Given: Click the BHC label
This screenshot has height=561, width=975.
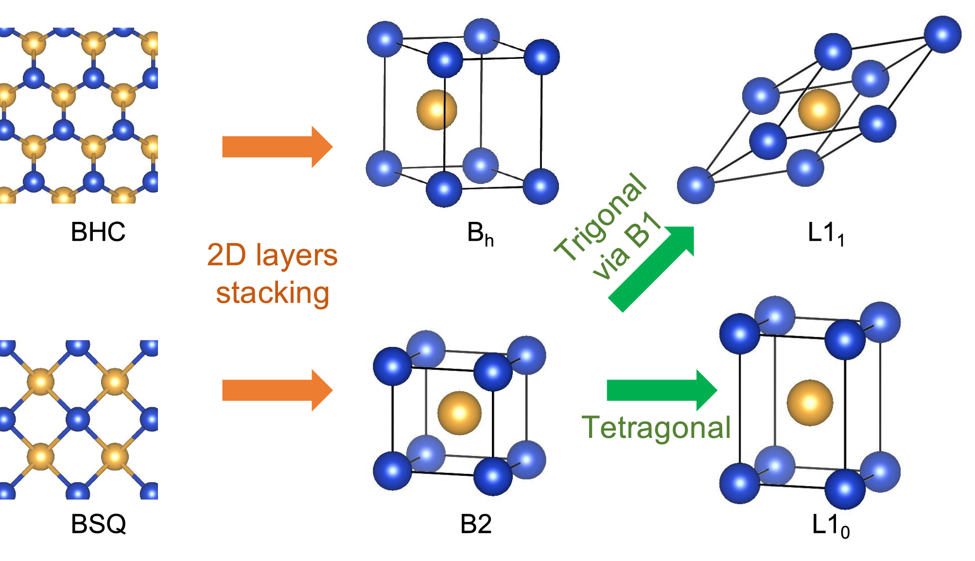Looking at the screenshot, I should tap(98, 232).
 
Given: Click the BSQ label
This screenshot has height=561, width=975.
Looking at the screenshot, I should tap(98, 524).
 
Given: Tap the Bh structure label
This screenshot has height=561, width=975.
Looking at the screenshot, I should tap(480, 234).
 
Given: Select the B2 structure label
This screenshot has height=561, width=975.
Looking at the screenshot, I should tap(476, 524).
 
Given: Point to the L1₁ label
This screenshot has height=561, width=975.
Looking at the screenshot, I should tap(825, 234).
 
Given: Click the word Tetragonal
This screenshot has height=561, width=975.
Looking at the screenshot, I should tap(656, 428).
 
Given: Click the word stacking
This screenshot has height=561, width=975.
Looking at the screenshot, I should tap(273, 293).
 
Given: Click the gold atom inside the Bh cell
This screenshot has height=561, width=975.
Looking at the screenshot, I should tap(436, 110).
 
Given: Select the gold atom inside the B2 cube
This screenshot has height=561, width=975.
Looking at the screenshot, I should tap(459, 413).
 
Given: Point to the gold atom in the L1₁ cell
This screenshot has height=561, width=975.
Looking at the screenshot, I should tap(819, 109).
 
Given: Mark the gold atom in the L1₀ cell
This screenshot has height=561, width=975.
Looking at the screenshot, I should tap(810, 403).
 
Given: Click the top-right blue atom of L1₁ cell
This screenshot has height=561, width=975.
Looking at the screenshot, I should tap(942, 35).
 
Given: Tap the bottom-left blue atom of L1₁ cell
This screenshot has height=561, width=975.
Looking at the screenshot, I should tap(696, 185).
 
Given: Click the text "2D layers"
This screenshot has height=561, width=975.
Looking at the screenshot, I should tap(272, 255).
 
